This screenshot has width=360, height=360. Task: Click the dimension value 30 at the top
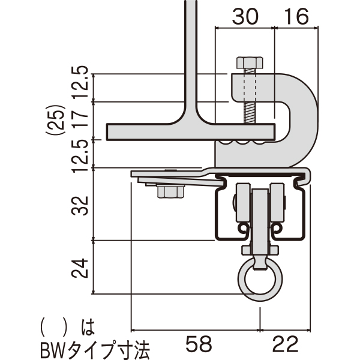[245, 16]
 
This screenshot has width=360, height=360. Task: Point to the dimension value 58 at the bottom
[199, 344]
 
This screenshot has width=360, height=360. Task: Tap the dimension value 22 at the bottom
[286, 344]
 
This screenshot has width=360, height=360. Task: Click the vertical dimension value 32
[80, 206]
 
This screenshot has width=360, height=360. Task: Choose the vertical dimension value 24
[80, 268]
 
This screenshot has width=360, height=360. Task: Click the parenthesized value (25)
[56, 119]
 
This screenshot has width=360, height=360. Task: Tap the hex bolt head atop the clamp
[250, 62]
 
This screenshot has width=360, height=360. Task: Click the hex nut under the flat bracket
[171, 192]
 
